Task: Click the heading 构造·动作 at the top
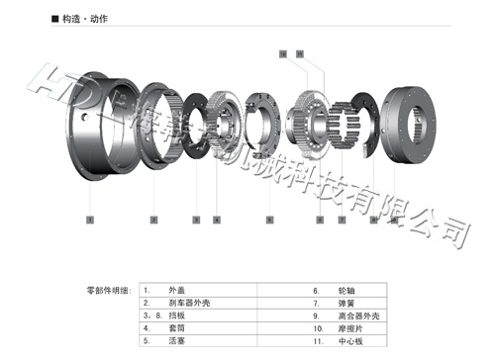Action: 79,20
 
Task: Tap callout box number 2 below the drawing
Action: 152,218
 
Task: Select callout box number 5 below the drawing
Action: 269,218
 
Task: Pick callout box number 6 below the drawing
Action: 319,218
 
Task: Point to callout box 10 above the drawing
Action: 283,49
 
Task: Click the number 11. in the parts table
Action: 318,339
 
